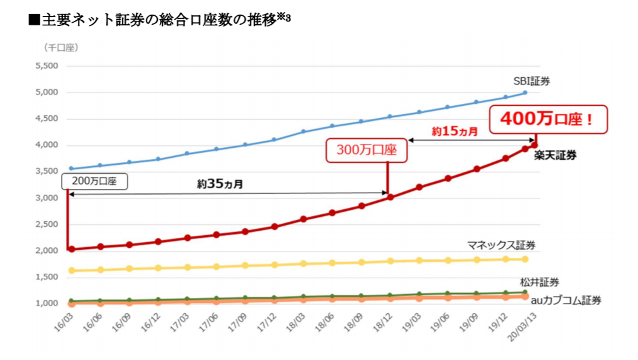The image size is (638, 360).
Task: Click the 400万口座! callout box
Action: pos(549,119)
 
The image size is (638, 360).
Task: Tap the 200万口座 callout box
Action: pos(94,181)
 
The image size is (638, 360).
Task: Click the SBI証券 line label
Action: pos(531,81)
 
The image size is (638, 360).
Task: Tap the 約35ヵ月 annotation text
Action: pos(219,184)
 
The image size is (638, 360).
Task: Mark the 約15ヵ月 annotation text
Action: pos(455,131)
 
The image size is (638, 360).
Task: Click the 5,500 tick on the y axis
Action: pos(46,66)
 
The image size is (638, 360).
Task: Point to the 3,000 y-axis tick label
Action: pos(46,198)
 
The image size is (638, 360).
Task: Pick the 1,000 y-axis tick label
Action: pos(46,304)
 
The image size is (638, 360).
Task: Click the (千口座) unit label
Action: pos(61,48)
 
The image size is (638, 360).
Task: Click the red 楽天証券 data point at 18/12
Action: pos(390,197)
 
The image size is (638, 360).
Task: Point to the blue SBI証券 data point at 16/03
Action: pos(71,169)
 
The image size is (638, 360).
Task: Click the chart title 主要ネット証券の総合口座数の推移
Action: pos(159,20)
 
